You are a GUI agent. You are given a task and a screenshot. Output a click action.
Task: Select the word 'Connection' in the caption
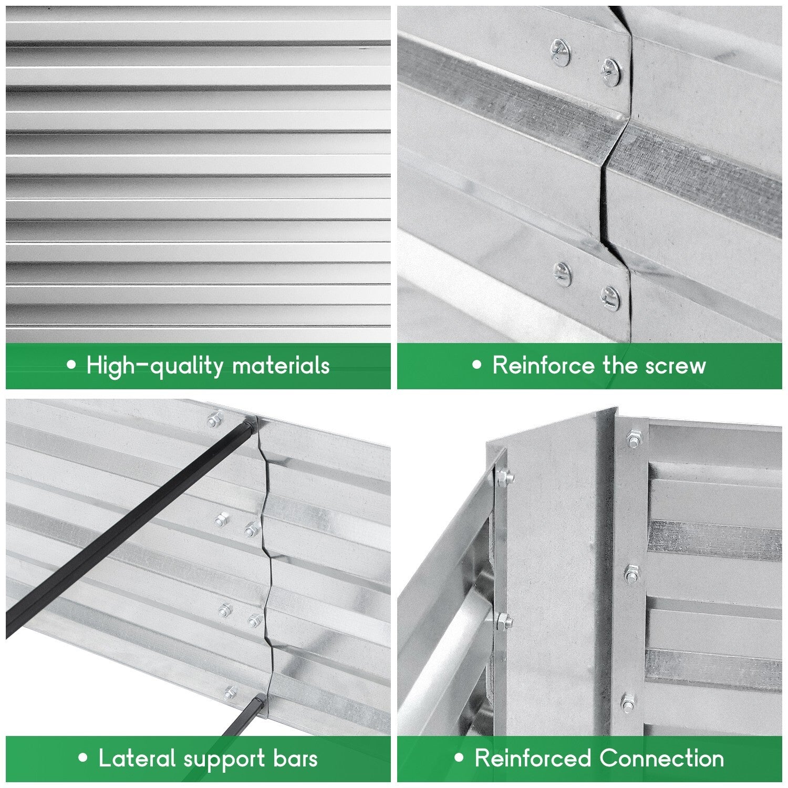pyautogui.click(x=661, y=759)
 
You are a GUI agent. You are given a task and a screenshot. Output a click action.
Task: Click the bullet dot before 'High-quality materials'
pyautogui.click(x=72, y=365)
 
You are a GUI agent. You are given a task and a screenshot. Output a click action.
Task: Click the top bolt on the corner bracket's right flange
pyautogui.click(x=633, y=440)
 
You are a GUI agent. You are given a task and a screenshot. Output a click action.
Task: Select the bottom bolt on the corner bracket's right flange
pyautogui.click(x=628, y=701)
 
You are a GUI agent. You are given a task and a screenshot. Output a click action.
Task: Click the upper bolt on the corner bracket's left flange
pyautogui.click(x=503, y=476)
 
